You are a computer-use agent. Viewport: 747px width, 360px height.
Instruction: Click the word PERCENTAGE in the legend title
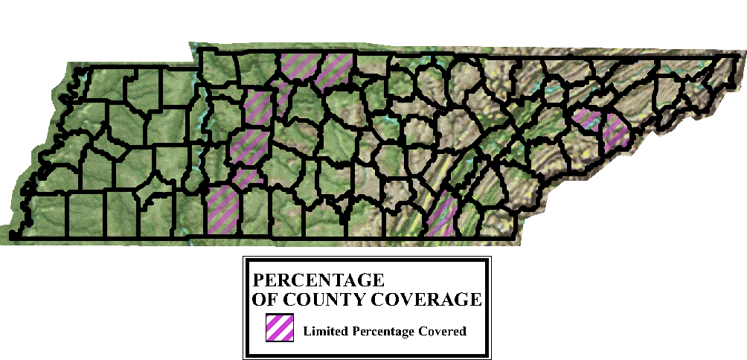(318, 281)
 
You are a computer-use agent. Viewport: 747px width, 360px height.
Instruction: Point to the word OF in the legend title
(263, 300)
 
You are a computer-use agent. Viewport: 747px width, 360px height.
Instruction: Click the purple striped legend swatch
(279, 327)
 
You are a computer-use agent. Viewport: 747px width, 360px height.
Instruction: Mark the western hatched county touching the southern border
(223, 210)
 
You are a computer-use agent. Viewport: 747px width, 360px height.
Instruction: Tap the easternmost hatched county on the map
(616, 132)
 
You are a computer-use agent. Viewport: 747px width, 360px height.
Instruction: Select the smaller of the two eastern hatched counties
(586, 118)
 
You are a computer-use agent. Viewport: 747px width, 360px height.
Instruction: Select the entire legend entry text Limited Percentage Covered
(385, 331)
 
